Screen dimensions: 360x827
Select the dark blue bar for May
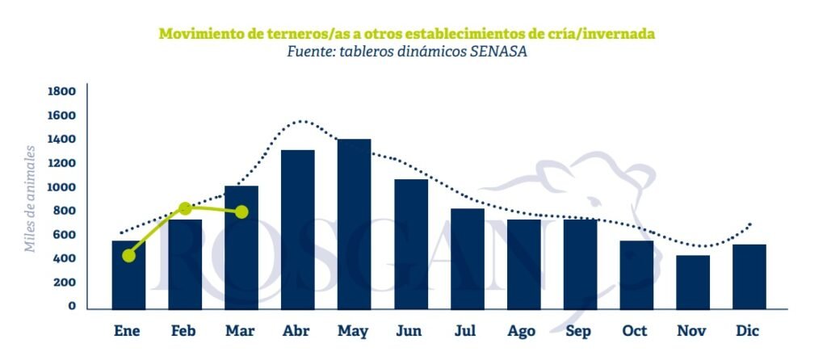354,224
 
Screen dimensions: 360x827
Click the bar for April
297,228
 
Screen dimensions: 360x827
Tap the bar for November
693,282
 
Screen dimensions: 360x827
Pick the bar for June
411,243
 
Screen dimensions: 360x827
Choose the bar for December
749,276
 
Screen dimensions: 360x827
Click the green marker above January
129,256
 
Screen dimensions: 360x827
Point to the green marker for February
186,208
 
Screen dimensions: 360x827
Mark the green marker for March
241,212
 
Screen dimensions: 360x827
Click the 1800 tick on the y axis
61,91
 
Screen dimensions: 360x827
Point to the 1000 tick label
61,187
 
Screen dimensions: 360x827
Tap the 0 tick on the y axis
72,306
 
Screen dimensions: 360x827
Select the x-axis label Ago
523,331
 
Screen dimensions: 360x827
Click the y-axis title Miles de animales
31,199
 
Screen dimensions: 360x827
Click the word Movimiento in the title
199,34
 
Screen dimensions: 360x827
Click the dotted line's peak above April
300,122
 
